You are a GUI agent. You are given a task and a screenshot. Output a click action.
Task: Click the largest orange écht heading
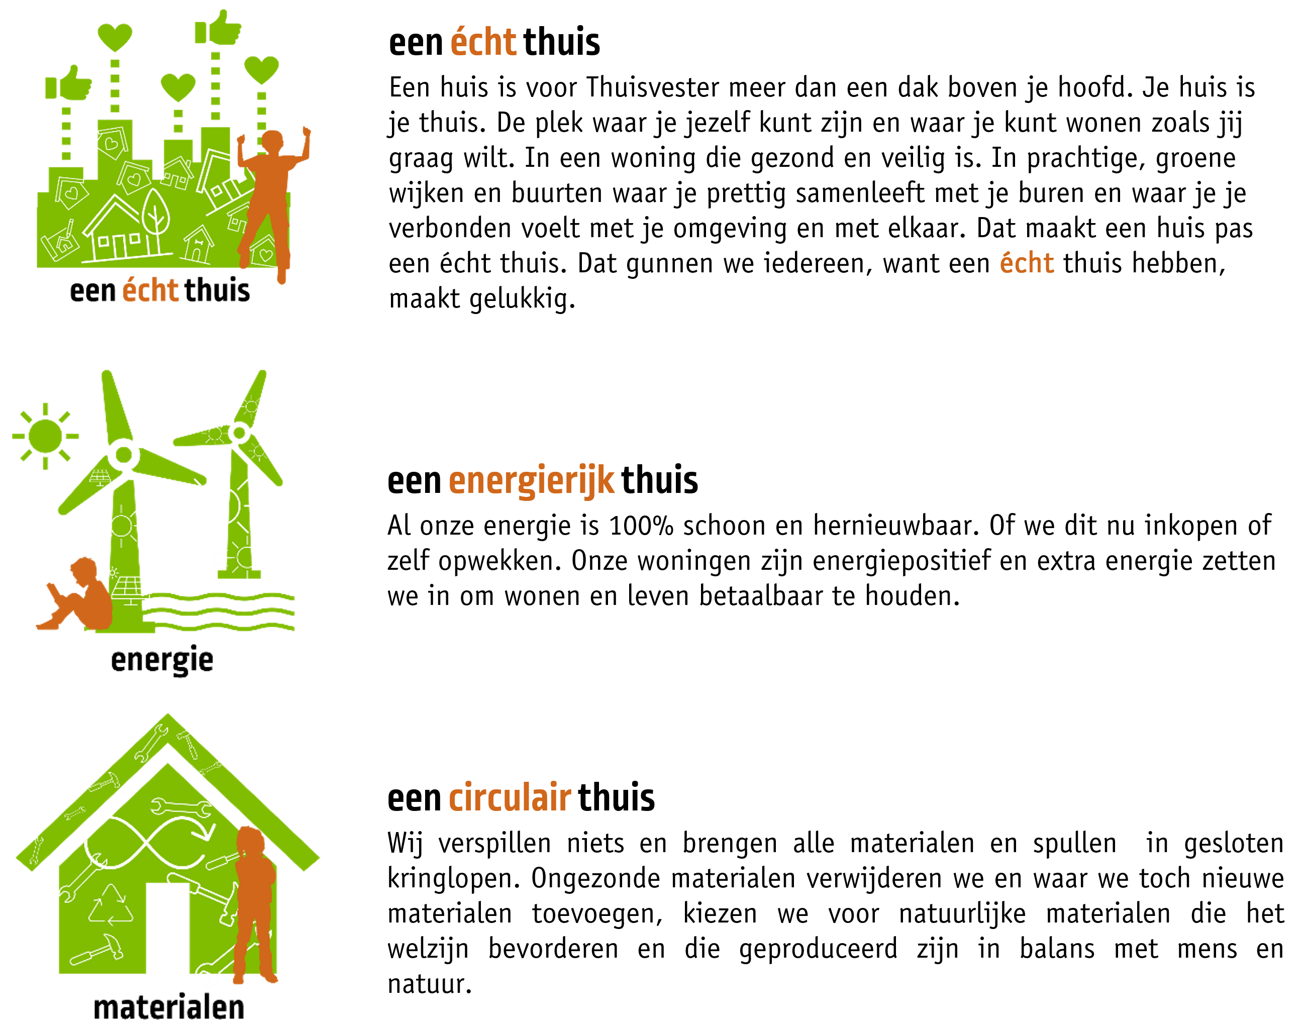tap(483, 43)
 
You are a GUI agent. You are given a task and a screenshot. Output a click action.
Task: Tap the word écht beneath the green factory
tap(150, 290)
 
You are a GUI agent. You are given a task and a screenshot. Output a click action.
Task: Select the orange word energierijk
tap(532, 480)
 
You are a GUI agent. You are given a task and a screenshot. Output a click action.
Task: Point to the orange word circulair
tap(510, 798)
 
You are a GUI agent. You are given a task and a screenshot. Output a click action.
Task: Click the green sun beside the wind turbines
tap(45, 436)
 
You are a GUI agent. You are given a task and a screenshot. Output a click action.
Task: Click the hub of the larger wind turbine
tap(124, 455)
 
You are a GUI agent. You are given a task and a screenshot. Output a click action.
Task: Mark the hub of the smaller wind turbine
tap(239, 432)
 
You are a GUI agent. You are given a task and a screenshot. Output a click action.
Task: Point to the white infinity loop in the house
tap(147, 842)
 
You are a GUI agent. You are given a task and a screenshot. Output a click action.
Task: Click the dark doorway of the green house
tap(167, 929)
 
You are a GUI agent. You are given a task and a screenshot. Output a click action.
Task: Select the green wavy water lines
tap(220, 611)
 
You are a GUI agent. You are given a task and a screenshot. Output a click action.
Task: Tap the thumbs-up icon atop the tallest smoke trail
tap(218, 28)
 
